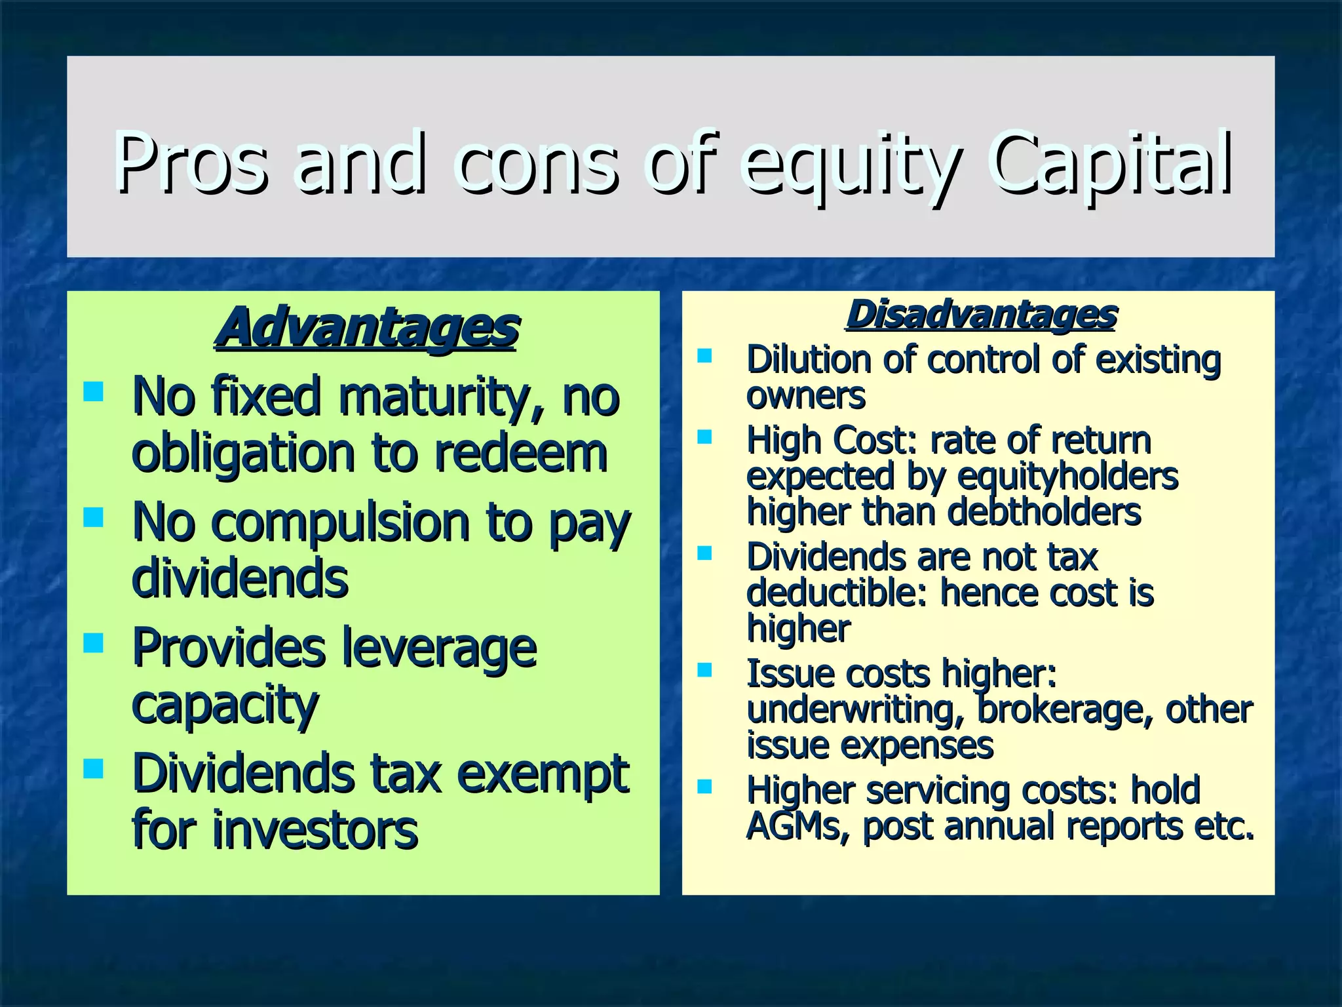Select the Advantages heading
pyautogui.click(x=367, y=327)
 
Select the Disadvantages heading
pyautogui.click(x=981, y=315)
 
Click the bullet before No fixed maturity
pyautogui.click(x=94, y=391)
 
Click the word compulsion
pyautogui.click(x=341, y=523)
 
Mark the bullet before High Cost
pyautogui.click(x=704, y=437)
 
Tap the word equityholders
pyautogui.click(x=1067, y=476)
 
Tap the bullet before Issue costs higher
pyautogui.click(x=704, y=669)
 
